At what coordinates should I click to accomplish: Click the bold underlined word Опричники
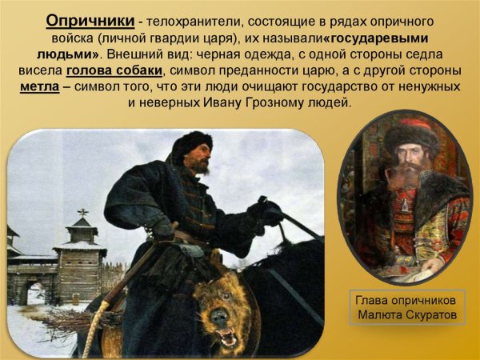coord(84,19)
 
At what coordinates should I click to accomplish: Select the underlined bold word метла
coord(41,86)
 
